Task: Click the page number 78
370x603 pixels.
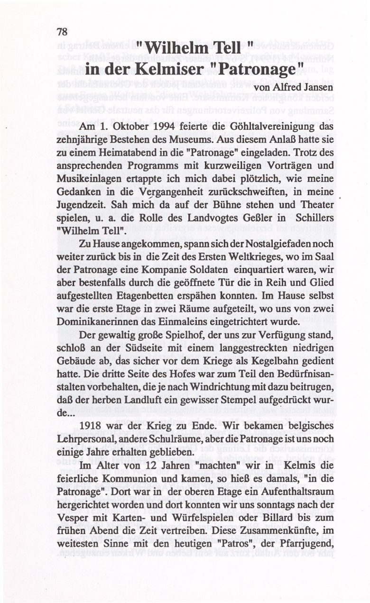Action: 62,32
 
